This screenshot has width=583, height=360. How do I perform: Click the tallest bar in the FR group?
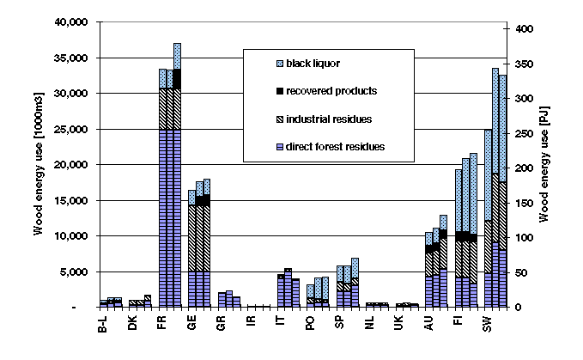pyautogui.click(x=177, y=172)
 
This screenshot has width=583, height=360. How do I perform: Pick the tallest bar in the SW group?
pyautogui.click(x=495, y=189)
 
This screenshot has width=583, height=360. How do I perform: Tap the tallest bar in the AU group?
pyautogui.click(x=443, y=262)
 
